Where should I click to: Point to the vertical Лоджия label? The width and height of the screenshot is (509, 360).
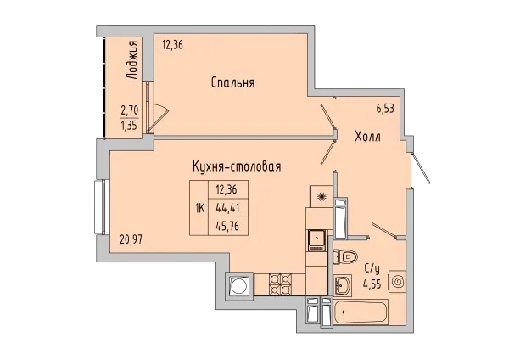tap(130, 59)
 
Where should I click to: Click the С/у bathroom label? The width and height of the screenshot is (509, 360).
tap(371, 268)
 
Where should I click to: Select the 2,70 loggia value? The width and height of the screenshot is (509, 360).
tap(129, 109)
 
